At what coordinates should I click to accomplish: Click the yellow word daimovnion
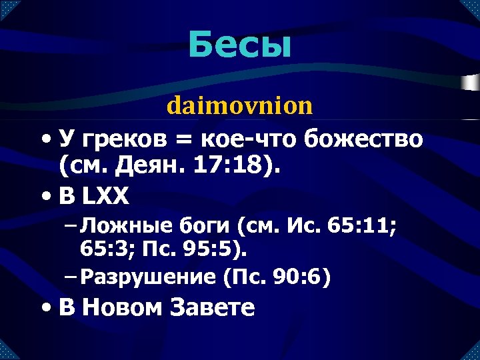click(x=239, y=105)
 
